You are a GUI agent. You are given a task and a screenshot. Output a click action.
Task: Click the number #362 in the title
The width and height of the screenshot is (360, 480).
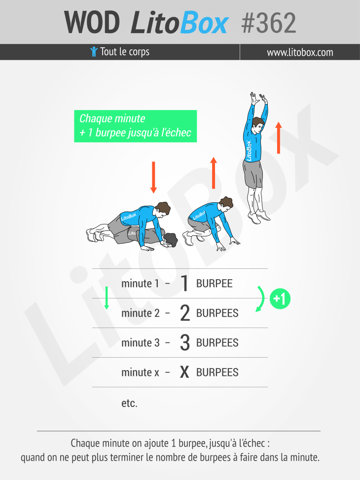269,23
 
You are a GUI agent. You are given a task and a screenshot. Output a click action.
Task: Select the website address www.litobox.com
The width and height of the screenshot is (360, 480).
300,52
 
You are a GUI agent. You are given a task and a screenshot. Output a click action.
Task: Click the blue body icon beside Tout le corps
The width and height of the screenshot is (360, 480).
94,51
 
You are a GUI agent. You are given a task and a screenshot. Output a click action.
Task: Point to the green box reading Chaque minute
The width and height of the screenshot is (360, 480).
135,126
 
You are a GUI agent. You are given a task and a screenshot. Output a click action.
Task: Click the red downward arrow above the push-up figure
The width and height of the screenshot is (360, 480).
153,177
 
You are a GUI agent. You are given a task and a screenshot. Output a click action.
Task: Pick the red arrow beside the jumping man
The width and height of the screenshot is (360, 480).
278,138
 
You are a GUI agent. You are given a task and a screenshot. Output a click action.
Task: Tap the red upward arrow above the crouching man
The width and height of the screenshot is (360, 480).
214,173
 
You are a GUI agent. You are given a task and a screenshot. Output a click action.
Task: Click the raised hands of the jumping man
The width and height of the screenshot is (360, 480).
259,99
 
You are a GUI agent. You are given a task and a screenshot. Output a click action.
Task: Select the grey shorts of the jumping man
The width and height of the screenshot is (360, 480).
253,174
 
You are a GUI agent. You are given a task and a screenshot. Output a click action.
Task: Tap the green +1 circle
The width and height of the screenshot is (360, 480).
280,298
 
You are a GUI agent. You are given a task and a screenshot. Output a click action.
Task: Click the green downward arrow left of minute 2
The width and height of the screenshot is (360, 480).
107,298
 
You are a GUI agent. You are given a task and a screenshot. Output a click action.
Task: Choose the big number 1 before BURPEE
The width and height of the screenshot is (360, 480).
184,283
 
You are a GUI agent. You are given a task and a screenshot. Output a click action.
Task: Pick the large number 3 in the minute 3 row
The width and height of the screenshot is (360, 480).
185,342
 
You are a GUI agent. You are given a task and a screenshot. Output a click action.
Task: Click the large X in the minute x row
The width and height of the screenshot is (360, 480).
184,372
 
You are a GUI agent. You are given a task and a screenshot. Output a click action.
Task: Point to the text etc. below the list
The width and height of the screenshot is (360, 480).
130,403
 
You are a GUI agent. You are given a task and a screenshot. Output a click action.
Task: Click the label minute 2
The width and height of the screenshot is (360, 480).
141,313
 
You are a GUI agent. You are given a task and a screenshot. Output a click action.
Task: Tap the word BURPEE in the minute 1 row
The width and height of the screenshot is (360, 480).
215,284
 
